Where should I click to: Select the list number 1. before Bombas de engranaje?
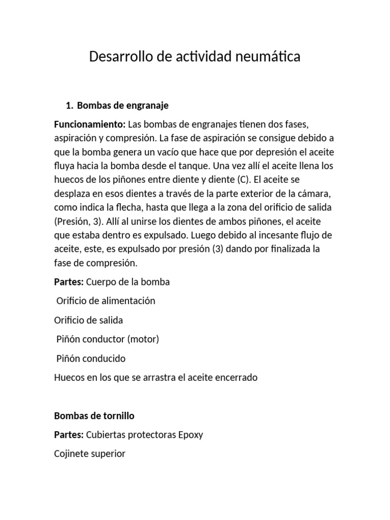pos(70,106)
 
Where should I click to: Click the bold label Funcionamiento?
pos(89,124)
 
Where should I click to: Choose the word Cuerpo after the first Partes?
pos(102,282)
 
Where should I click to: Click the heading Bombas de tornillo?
pos(94,416)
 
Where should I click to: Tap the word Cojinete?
pos(71,454)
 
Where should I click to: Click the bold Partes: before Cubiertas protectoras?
pos(69,435)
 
